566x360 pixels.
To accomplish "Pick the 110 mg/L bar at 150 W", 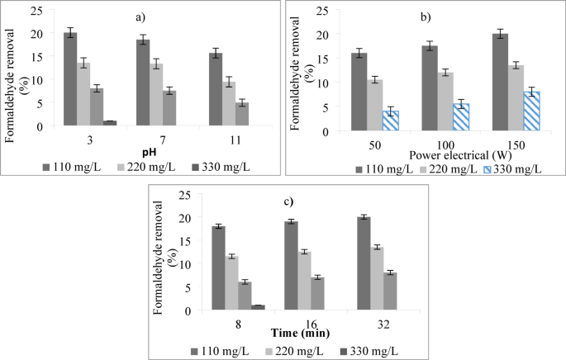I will [499, 83].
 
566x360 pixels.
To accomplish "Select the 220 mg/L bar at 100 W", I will [445, 102].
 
